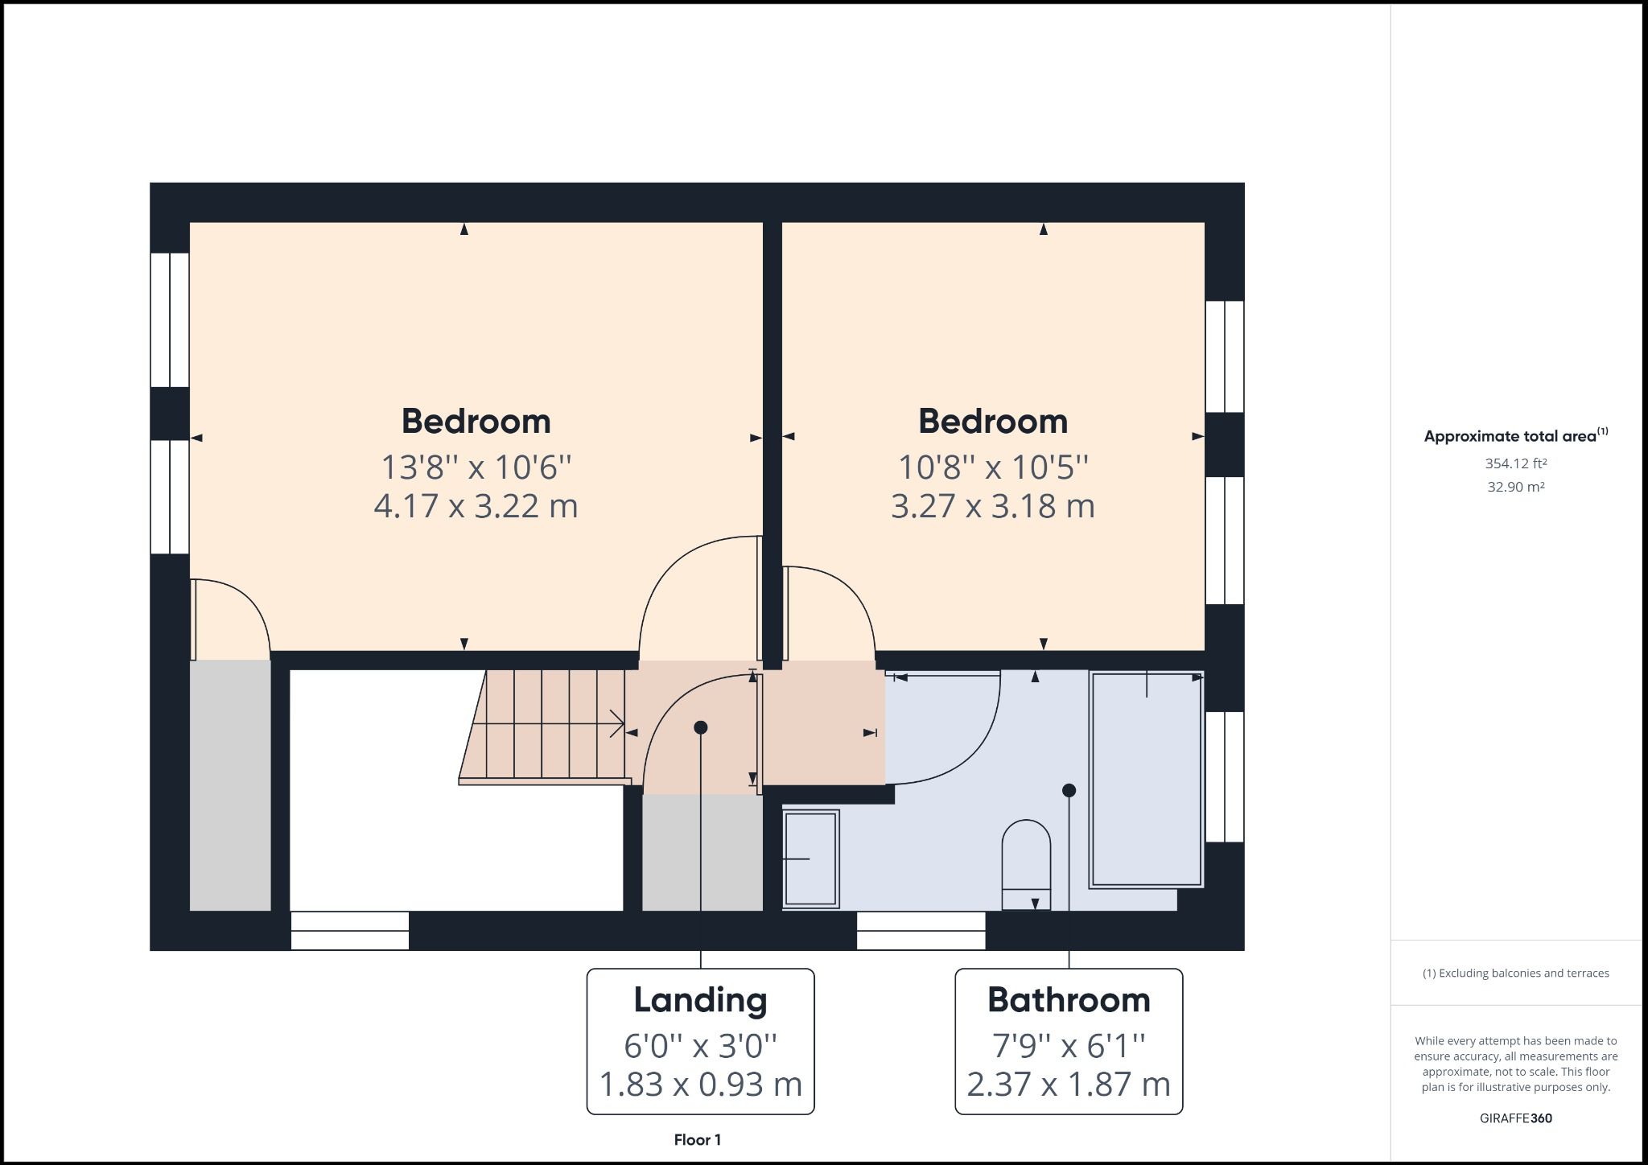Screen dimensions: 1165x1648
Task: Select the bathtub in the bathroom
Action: click(1146, 779)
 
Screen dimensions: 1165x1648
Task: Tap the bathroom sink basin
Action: click(811, 858)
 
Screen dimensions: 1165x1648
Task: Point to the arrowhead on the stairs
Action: click(618, 723)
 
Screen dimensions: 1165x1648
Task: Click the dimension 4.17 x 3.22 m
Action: click(476, 506)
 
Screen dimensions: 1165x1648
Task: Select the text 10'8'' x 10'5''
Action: click(992, 467)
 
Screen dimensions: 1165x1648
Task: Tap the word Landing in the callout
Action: click(700, 1000)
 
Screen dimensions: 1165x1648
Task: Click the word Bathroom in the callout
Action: click(1069, 1000)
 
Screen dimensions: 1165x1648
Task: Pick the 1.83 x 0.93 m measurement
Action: click(700, 1085)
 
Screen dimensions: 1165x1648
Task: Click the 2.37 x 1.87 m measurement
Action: click(1069, 1085)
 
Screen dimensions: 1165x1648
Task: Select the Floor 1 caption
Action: click(698, 1140)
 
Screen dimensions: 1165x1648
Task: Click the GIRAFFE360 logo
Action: click(1515, 1118)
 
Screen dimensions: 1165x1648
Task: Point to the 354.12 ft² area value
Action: click(1516, 463)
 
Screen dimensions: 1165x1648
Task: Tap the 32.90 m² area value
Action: click(1516, 487)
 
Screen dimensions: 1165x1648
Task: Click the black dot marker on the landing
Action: click(701, 727)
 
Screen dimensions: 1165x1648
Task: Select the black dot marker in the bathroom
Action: click(1069, 791)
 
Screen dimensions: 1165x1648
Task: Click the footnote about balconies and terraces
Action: click(1515, 974)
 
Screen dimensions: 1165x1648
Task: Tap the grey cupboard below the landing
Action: click(702, 853)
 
